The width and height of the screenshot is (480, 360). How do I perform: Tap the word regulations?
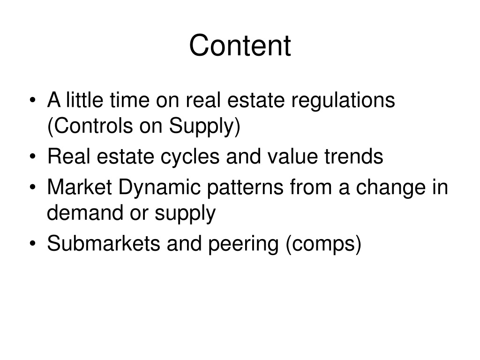(348, 101)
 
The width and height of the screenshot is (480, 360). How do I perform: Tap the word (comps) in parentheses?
(324, 245)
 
